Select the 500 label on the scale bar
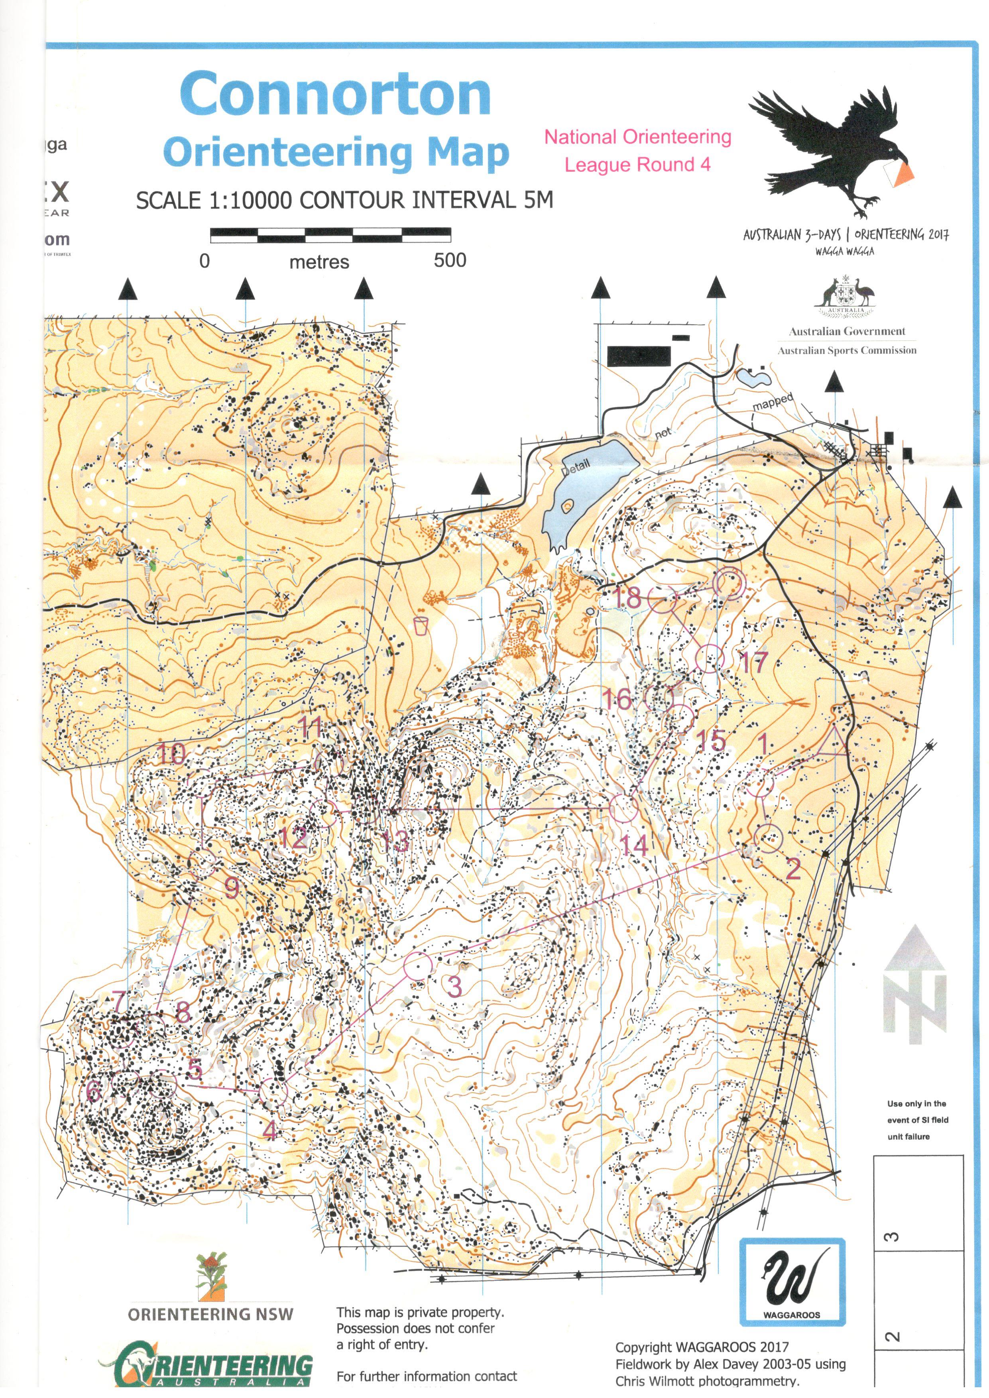[450, 261]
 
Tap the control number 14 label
[633, 845]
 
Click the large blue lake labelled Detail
[585, 481]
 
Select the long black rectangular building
[639, 356]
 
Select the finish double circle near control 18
[729, 583]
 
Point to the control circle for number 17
[710, 658]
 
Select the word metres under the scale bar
[319, 262]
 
